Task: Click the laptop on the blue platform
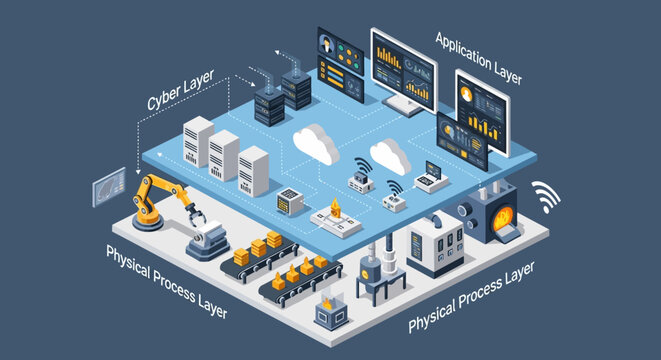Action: [431, 178]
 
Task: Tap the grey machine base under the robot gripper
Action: [209, 240]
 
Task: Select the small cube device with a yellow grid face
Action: [290, 200]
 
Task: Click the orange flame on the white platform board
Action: [335, 211]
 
